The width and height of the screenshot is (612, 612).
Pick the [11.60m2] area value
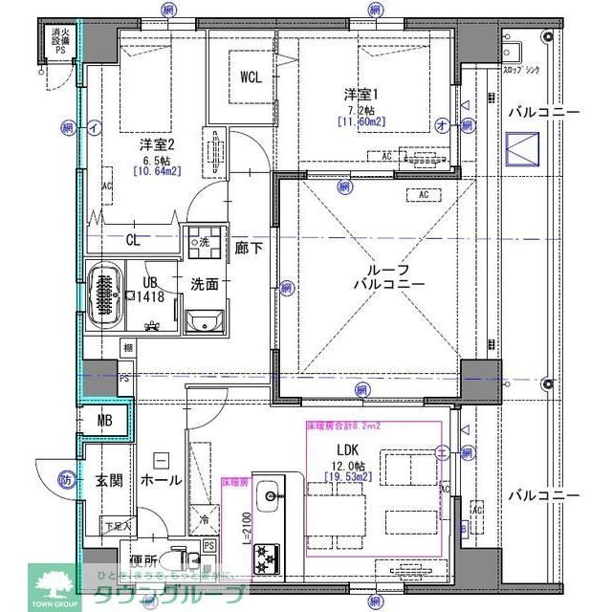point(361,120)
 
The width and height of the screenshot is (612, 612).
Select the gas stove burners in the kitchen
point(265,557)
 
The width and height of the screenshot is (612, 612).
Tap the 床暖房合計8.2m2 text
point(342,426)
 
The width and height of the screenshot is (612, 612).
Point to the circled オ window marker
point(441,124)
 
